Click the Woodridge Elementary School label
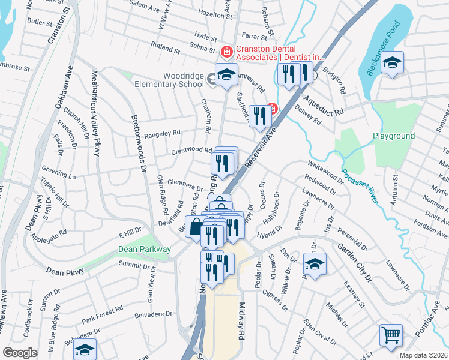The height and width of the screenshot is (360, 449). click(176, 80)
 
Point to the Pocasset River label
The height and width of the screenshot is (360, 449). click(360, 187)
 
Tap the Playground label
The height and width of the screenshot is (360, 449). click(394, 136)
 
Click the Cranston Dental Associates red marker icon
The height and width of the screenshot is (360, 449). click(226, 52)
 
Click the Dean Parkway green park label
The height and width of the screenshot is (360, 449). click(145, 249)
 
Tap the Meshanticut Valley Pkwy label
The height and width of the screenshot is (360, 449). click(95, 114)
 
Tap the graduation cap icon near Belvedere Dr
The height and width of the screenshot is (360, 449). click(85, 349)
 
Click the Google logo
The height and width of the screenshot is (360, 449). click(20, 353)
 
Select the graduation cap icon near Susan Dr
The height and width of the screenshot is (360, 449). click(315, 264)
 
